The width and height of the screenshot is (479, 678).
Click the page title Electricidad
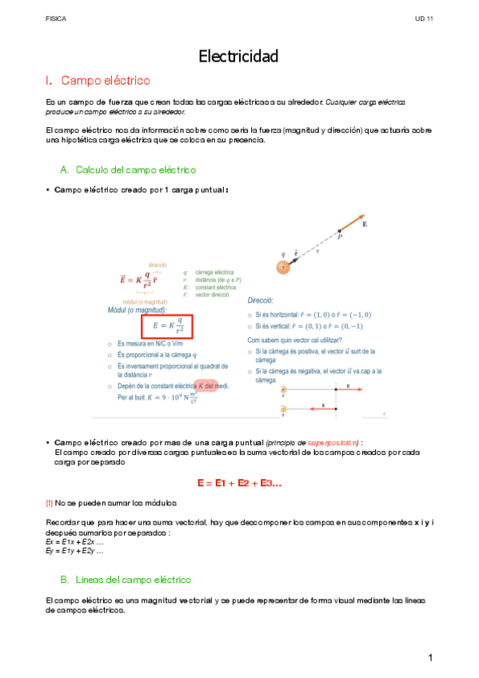pos(238,56)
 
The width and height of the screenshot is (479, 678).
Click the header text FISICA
pos(56,18)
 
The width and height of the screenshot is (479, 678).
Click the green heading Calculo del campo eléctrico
pos(135,170)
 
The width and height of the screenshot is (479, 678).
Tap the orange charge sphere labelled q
pos(282,268)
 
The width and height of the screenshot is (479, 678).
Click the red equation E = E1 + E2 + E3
pos(238,484)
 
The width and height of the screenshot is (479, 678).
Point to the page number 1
pos(430,657)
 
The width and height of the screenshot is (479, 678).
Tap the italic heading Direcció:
pos(261,301)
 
